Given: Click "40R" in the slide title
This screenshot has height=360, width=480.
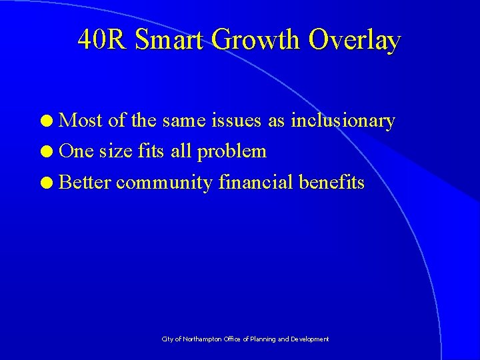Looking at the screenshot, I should [x=102, y=40].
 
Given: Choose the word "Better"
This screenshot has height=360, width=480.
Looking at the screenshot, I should [x=85, y=181].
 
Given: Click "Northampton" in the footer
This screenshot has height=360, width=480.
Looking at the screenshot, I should [x=200, y=339].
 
